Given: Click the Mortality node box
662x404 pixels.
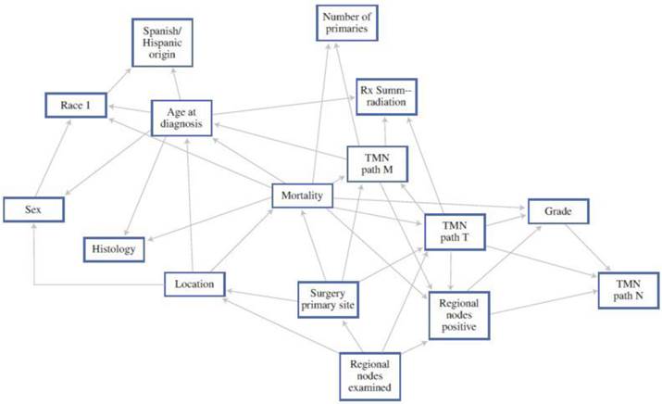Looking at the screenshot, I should click(x=302, y=196).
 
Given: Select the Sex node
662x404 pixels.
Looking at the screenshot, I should click(x=32, y=209).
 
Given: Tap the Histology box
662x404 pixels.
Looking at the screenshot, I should click(x=113, y=248).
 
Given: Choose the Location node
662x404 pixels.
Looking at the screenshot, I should click(x=194, y=284).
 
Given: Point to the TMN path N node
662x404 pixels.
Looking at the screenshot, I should click(x=627, y=288).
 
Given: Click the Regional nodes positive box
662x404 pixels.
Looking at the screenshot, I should click(x=457, y=314).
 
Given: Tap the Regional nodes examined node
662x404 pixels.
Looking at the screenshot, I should click(x=370, y=374).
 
